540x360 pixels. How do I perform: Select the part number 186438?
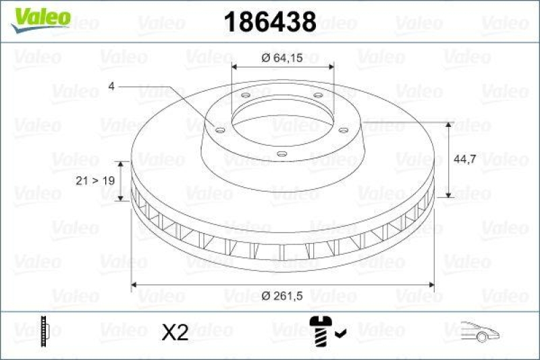pyautogui.click(x=269, y=22)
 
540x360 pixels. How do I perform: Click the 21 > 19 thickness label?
pyautogui.click(x=93, y=181)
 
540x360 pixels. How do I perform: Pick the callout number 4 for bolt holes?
pyautogui.click(x=111, y=86)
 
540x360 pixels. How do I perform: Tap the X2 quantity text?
pyautogui.click(x=176, y=332)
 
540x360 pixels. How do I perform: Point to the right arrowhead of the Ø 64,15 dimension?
pyautogui.click(x=330, y=67)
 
